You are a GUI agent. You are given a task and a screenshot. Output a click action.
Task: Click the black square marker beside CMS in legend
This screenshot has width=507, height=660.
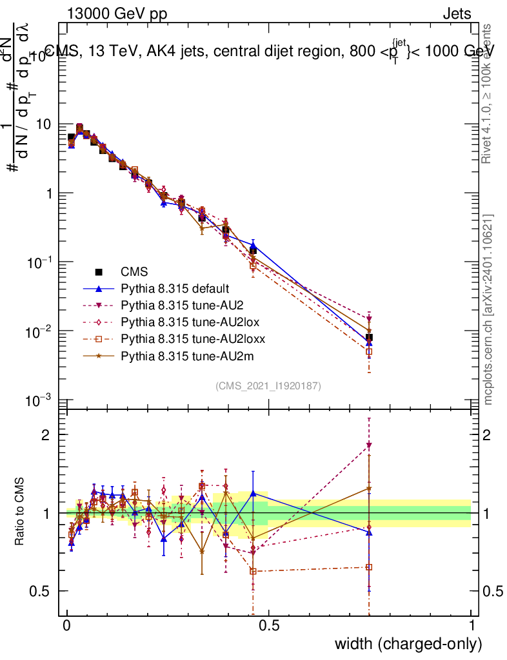coord(99,271)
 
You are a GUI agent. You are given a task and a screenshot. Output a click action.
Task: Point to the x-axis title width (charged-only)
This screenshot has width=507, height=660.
coord(408,643)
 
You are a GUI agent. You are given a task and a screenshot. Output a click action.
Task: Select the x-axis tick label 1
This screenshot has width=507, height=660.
coord(472,626)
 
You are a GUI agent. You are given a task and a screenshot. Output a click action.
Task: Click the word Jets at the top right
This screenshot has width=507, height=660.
coord(457,14)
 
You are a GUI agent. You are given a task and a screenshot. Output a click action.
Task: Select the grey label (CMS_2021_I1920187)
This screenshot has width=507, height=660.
coord(268,385)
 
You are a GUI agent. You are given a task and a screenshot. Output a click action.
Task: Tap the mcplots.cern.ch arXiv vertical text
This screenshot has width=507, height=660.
coord(488,309)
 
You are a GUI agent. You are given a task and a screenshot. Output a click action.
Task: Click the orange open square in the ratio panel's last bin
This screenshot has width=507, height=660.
coord(369,567)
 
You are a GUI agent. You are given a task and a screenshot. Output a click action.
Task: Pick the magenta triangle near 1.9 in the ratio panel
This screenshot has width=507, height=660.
coord(369,445)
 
